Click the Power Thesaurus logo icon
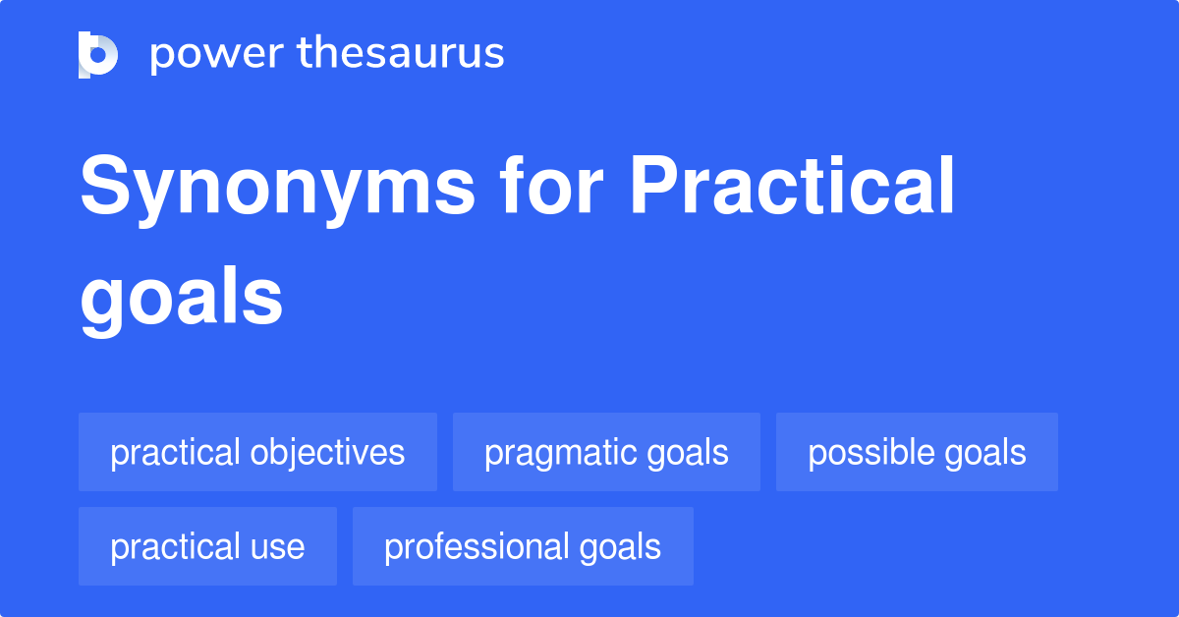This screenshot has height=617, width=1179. coord(98,54)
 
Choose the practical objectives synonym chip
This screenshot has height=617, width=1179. coord(257,453)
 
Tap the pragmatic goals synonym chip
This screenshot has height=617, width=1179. coord(606,453)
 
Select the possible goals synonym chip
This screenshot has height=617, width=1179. coord(917,453)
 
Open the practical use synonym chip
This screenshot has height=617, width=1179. coord(207,547)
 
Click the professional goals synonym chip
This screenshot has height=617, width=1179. coord(523,547)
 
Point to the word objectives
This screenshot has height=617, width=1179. coord(327,453)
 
